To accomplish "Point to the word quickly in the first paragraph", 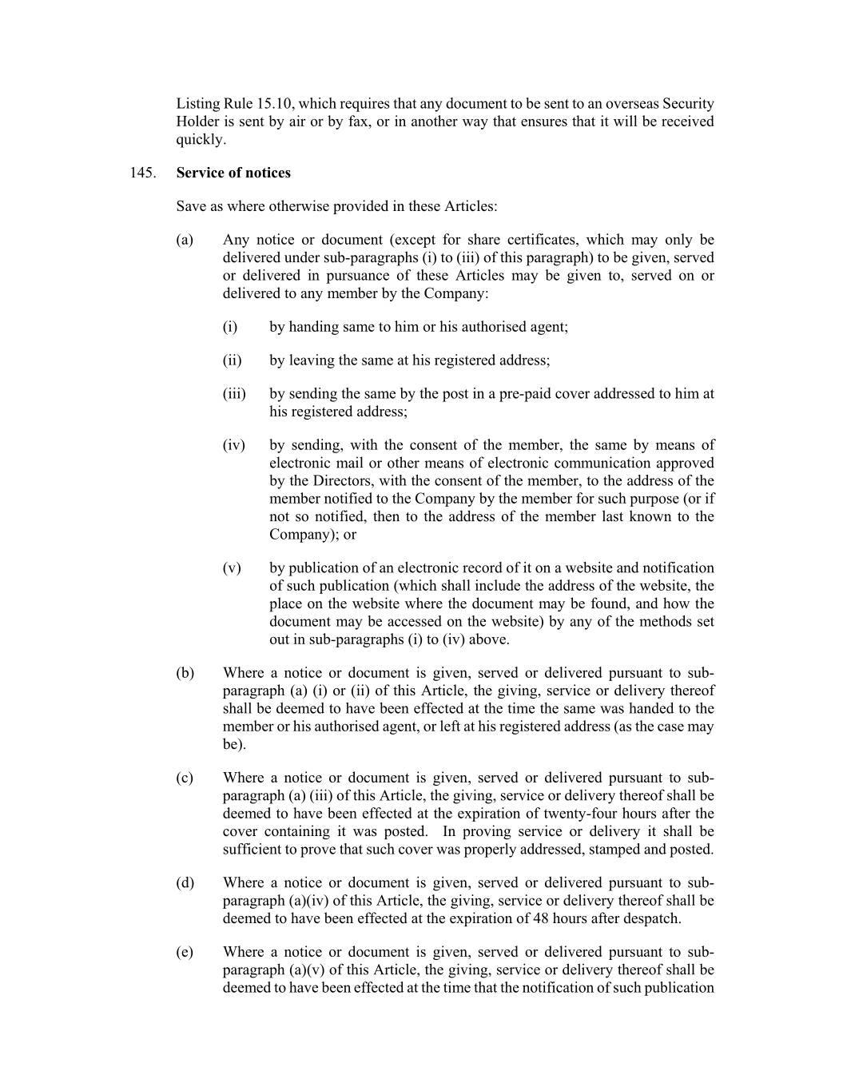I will click(x=200, y=140).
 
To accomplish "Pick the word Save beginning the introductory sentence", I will click(x=192, y=206).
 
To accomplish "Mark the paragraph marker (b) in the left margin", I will click(x=185, y=673).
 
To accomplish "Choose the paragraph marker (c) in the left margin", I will click(x=185, y=778).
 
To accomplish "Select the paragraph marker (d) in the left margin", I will click(x=185, y=882).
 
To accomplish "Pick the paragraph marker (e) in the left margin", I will click(x=185, y=952).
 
